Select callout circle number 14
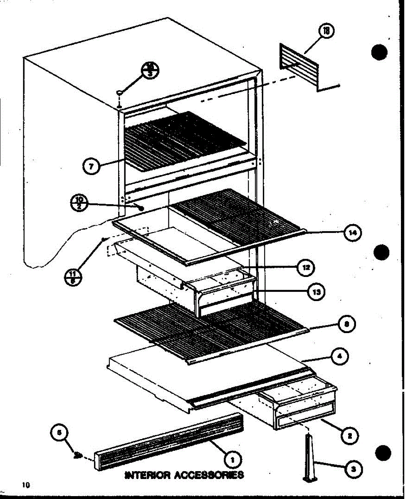(x=352, y=233)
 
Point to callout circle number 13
(x=317, y=292)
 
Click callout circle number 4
(x=341, y=356)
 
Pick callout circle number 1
(x=232, y=459)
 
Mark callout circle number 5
(x=59, y=433)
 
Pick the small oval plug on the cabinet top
(x=120, y=91)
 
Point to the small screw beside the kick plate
(x=77, y=455)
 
